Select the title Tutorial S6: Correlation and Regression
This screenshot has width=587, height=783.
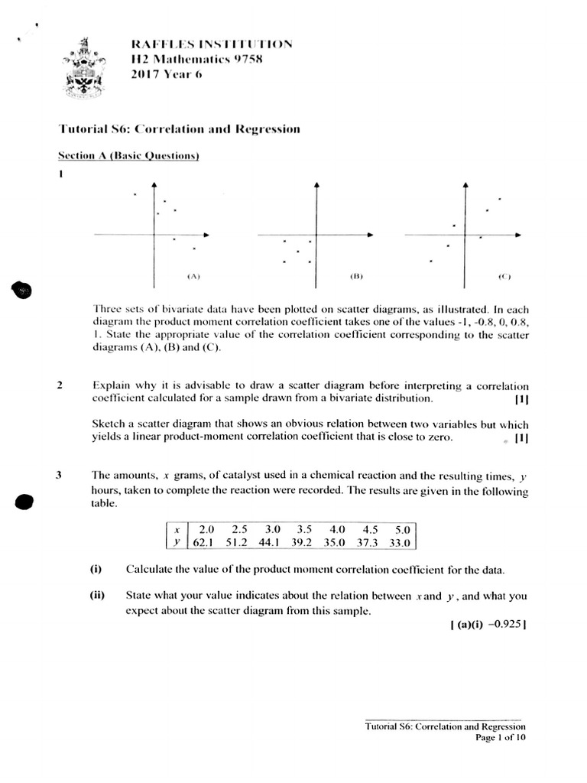(x=180, y=129)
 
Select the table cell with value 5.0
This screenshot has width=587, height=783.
(x=402, y=529)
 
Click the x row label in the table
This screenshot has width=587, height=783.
(x=177, y=529)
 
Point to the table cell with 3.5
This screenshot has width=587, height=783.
(x=303, y=529)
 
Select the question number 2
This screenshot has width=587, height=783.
(x=60, y=385)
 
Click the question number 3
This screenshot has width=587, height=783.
(x=60, y=475)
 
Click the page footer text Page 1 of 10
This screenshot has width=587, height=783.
(x=501, y=738)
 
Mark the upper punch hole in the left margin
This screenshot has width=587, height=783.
(x=22, y=290)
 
